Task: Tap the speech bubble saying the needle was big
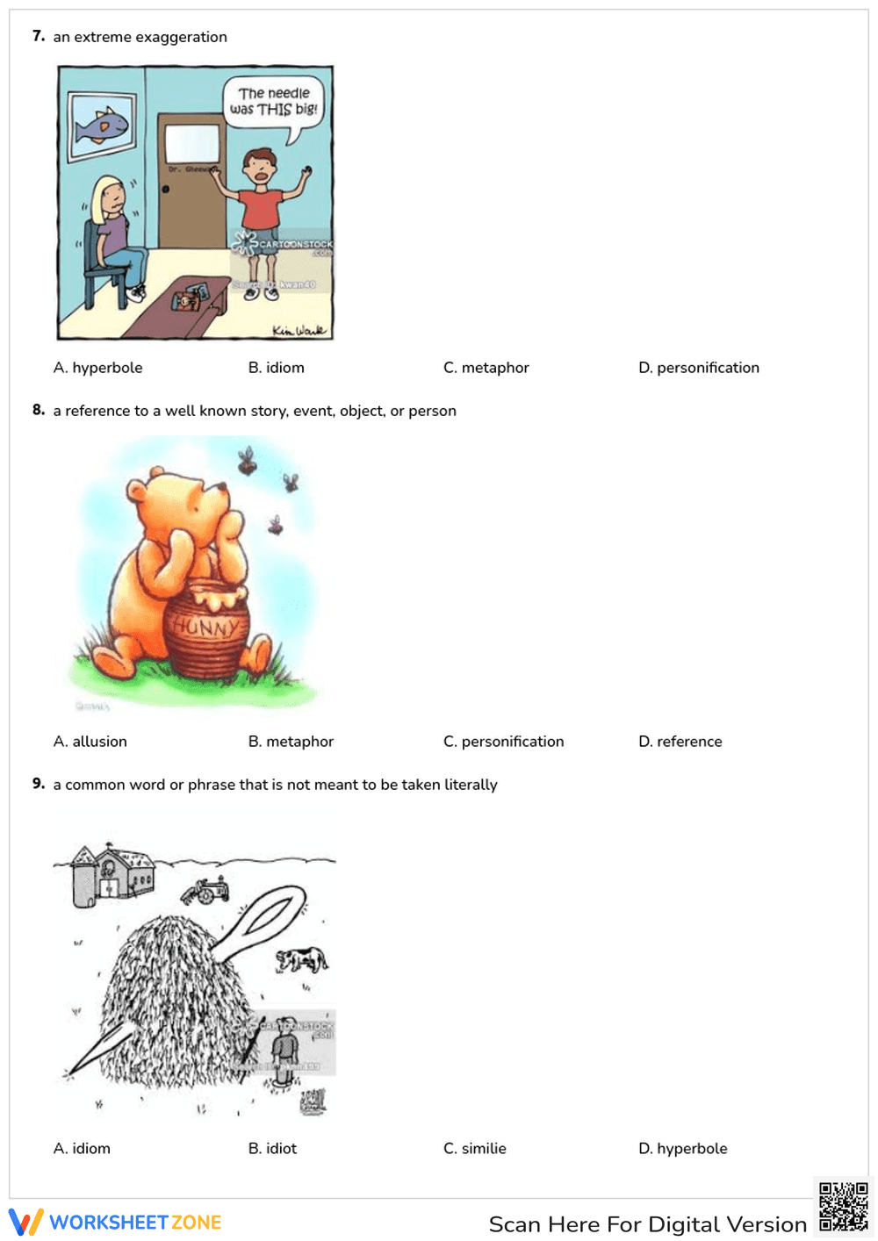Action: pos(274,103)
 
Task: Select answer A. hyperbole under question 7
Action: pos(97,368)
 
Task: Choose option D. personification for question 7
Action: pos(699,368)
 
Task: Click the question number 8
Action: pos(38,410)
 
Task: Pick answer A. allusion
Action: pos(90,742)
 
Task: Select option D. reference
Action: pos(680,742)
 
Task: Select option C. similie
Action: pos(475,1149)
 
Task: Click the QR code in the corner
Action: pos(843,1207)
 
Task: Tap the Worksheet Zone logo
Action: pos(115,1223)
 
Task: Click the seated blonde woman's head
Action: pos(110,197)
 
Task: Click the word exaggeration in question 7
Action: pos(181,37)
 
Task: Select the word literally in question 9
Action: pos(471,785)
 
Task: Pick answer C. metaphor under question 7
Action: pos(486,368)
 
